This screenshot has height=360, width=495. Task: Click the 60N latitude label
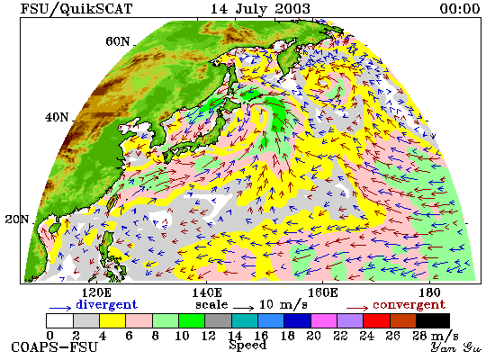117,41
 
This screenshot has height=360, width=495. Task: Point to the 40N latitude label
57,118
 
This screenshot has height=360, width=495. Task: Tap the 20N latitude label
17,220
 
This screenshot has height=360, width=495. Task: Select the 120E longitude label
96,292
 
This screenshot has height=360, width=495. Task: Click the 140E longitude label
207,292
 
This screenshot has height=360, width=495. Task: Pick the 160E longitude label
322,292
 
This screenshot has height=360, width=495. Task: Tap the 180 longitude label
430,292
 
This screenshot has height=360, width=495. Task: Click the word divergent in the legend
107,304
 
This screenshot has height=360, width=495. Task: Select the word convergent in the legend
409,305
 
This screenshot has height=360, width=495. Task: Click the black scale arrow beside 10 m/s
243,307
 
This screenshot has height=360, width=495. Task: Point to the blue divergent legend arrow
60,308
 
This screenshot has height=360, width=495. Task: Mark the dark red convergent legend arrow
357,308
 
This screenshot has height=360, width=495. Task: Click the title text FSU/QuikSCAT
76,8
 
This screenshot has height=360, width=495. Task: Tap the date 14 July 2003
260,9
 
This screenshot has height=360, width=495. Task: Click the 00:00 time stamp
460,8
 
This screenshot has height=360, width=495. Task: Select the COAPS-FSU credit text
55,347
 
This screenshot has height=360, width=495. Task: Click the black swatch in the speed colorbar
433,320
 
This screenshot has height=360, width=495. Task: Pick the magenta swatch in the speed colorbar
324,320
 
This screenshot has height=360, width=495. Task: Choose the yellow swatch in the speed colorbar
112,320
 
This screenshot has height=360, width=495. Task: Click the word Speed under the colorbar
247,346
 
